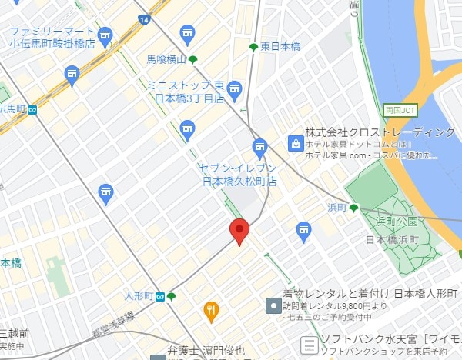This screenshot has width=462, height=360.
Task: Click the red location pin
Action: [239, 230]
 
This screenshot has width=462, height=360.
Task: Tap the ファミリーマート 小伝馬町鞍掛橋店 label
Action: [52, 38]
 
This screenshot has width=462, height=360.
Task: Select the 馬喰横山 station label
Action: [167, 59]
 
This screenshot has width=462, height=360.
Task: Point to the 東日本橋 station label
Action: [280, 47]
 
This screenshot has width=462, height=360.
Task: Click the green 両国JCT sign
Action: [400, 108]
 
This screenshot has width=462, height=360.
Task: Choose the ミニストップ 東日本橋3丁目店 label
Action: [186, 92]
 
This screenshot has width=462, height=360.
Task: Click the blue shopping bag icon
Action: [295, 142]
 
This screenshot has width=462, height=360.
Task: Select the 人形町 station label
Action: [139, 296]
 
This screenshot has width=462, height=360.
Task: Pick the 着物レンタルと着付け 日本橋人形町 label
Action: [370, 295]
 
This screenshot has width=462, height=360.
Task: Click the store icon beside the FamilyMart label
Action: [105, 35]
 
